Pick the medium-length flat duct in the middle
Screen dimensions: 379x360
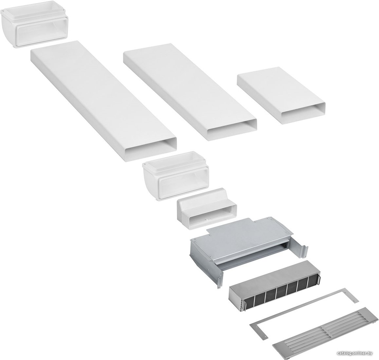coord(190,92)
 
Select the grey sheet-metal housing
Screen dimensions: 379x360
coord(249,249)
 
